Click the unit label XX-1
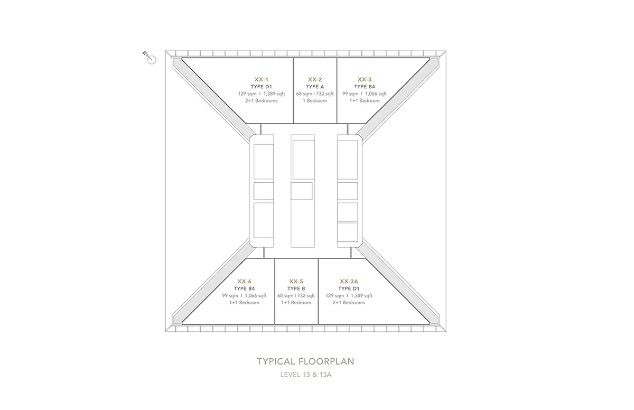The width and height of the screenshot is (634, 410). click(261, 79)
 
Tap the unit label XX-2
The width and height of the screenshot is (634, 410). click(315, 79)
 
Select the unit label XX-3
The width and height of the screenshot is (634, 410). click(365, 79)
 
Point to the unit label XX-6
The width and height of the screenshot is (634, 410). click(244, 281)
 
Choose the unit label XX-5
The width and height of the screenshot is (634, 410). click(296, 281)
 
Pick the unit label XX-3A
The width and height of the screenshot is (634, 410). click(349, 281)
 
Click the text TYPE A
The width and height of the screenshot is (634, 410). click(315, 87)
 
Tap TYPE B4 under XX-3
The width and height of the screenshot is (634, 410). click(365, 87)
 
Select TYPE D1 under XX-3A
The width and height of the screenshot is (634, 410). click(349, 288)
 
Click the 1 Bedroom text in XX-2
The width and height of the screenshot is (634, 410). click(315, 101)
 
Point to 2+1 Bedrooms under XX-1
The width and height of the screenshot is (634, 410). click(261, 101)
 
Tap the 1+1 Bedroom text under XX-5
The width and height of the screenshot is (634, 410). click(296, 302)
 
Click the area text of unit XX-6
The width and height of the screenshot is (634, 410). click(244, 296)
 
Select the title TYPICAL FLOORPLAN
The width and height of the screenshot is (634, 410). click(305, 361)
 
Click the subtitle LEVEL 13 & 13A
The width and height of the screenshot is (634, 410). click(306, 375)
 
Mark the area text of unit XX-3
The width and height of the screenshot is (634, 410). click(365, 94)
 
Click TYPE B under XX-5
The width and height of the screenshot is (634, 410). click(296, 288)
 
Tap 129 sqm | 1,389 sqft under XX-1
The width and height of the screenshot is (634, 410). click(261, 94)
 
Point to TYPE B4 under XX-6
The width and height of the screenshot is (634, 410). click(244, 288)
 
